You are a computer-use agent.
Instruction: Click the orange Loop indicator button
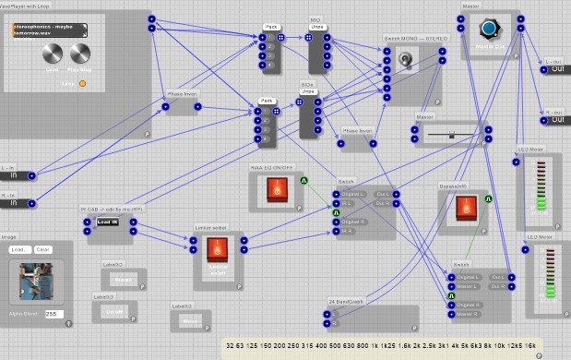point(82,84)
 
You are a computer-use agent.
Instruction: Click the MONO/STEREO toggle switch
point(405,61)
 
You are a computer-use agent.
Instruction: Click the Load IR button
point(108,222)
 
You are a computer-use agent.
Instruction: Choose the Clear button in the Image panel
point(43,250)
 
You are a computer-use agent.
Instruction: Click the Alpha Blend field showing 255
point(52,315)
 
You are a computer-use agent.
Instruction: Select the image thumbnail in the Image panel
point(33,282)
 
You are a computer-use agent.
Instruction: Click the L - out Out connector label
point(557,67)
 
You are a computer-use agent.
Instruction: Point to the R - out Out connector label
point(557,119)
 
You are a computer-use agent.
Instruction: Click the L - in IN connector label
point(13,174)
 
